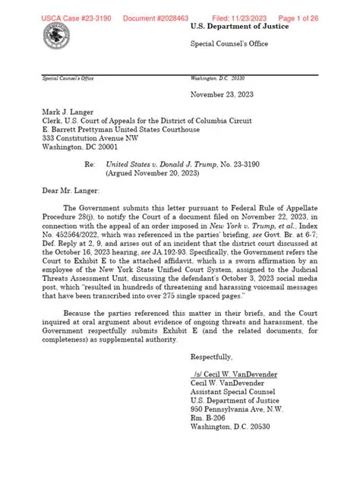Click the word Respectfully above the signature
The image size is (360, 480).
pos(213,378)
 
